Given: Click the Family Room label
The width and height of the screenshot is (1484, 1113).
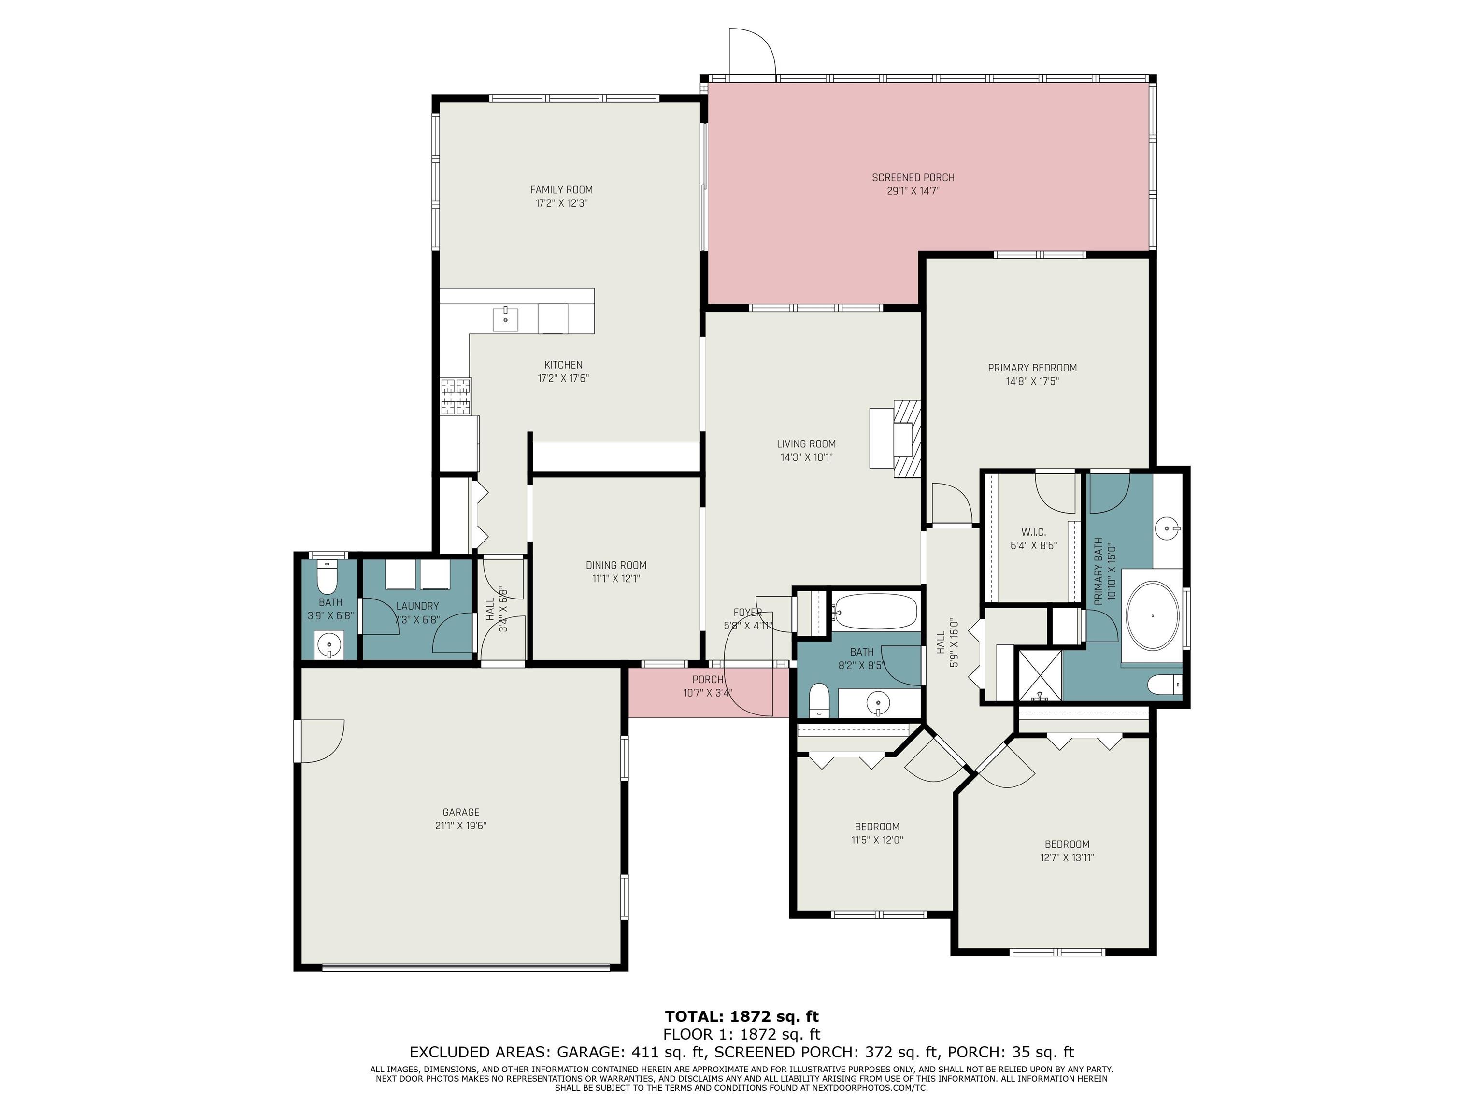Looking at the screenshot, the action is [x=561, y=190].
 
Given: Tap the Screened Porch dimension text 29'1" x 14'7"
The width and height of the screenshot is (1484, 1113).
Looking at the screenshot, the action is [x=913, y=191].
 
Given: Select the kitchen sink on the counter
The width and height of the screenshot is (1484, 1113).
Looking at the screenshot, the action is [x=505, y=319].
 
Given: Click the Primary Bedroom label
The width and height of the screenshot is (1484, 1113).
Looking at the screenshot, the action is [x=1032, y=368].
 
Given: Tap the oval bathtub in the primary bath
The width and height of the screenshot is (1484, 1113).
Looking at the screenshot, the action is [x=1152, y=615].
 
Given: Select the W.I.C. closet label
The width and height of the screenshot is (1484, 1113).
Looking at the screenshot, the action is [x=1033, y=532].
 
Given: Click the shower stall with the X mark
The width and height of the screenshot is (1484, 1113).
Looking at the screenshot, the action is [x=1040, y=675].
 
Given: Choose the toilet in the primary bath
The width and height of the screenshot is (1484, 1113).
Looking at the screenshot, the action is [x=1165, y=685].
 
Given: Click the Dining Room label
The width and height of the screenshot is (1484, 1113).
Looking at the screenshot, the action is [x=616, y=565].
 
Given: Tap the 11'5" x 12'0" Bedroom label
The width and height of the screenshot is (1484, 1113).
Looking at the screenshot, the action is [x=877, y=827].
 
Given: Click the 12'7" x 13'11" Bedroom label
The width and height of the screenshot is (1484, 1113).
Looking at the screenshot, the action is [x=1067, y=844].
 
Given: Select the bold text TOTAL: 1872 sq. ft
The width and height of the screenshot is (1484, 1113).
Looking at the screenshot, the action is [x=742, y=1016].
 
